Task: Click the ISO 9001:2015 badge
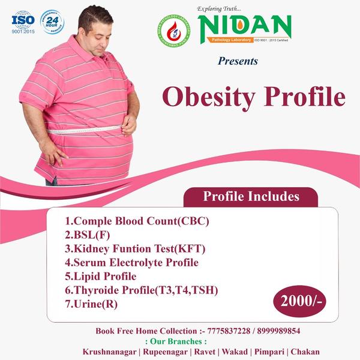click(x=23, y=22)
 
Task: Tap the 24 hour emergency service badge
click(x=52, y=21)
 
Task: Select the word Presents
click(x=238, y=61)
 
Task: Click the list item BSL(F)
click(x=87, y=235)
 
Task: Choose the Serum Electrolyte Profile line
click(x=131, y=262)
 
